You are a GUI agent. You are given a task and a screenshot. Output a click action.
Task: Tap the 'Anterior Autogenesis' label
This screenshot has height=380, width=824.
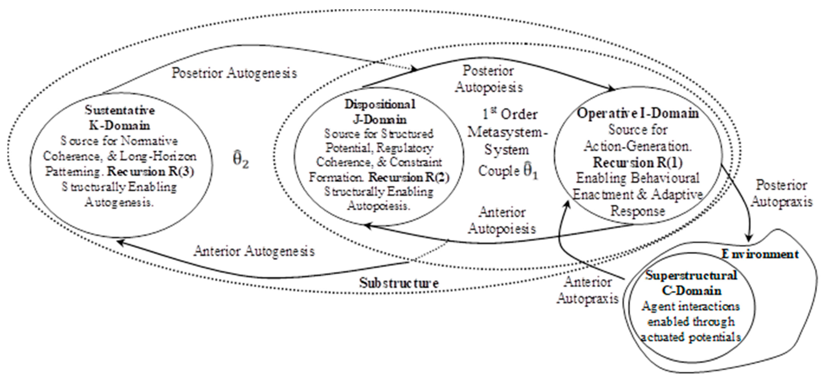coord(254,251)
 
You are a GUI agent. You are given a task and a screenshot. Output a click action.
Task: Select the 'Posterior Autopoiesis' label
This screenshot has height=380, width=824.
coord(489,79)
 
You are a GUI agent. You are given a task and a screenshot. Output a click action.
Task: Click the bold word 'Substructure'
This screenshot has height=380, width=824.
coord(398,283)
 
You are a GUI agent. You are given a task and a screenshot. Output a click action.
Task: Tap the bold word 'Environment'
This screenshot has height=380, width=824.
coord(760,254)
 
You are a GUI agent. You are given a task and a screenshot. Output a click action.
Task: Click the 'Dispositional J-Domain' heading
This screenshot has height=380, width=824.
coord(380,111)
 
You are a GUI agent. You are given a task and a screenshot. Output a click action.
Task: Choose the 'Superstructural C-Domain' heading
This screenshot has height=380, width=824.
coord(691,283)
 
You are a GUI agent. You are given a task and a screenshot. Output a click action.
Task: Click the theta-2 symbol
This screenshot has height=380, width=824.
coord(240,159)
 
